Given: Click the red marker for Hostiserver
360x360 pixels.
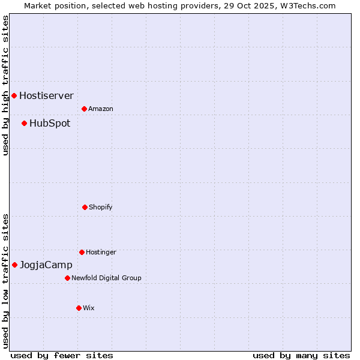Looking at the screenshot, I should click(14, 95).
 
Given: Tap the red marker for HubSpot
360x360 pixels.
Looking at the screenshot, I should click(24, 123).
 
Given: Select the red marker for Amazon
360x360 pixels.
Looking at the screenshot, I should click(84, 109).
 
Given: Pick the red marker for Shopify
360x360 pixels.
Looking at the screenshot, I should click(85, 207).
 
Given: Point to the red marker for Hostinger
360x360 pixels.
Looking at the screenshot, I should click(82, 252).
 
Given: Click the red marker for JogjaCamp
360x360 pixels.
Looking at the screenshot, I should click(14, 265).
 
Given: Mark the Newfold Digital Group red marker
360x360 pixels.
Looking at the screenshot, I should click(67, 278).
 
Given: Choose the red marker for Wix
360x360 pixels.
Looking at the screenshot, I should click(79, 308).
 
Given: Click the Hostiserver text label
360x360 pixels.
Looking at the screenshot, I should click(46, 95).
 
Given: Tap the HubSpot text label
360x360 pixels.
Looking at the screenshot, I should click(50, 124).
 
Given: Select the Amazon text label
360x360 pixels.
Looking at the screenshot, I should click(101, 109).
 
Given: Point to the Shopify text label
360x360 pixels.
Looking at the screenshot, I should click(101, 208).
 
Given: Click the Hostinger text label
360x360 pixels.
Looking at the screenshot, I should click(101, 253).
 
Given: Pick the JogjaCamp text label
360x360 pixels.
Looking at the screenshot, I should click(46, 265).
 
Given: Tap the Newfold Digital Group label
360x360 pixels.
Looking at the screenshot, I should click(106, 278).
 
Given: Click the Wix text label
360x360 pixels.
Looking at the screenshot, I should click(89, 308).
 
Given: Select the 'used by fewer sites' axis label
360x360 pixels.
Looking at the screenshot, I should click(62, 355).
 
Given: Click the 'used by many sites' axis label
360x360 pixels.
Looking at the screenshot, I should click(301, 355).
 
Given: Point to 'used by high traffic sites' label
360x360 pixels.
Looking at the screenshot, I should click(5, 86).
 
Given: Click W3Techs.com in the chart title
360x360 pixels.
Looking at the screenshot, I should click(306, 5).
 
